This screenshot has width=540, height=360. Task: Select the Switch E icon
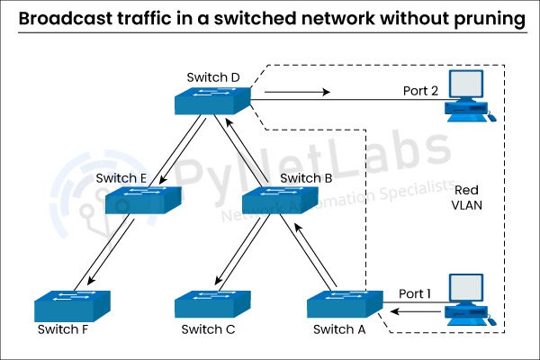(x=143, y=200)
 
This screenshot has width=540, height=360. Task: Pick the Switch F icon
(x=73, y=303)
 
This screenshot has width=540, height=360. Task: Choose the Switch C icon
(x=212, y=303)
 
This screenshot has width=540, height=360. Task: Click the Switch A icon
(x=344, y=303)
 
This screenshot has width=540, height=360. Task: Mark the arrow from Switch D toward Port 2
(x=300, y=92)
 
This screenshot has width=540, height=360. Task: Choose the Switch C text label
(x=208, y=329)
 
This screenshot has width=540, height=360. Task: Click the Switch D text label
(x=213, y=77)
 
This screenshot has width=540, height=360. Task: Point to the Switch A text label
(x=339, y=329)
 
